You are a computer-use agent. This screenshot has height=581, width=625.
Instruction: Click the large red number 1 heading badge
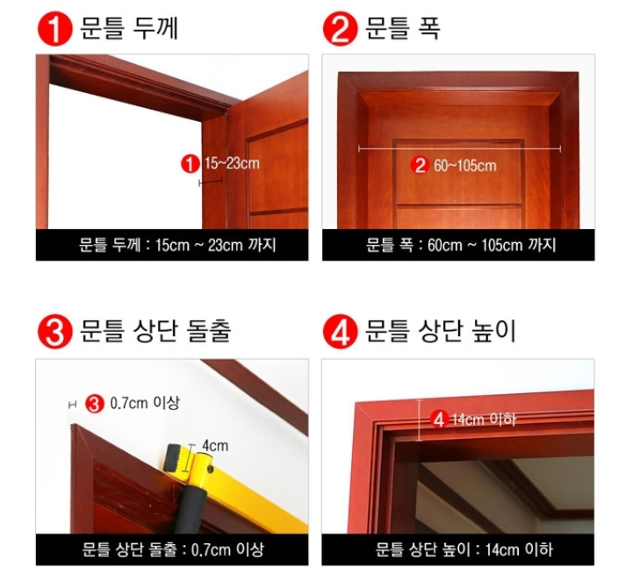coord(55,29)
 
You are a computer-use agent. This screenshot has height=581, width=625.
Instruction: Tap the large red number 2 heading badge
coord(340,29)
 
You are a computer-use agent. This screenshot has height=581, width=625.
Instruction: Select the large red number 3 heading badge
coord(55,332)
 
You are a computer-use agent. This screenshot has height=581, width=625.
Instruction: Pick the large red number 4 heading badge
coord(340,332)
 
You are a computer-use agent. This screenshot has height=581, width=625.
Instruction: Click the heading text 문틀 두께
coord(129,28)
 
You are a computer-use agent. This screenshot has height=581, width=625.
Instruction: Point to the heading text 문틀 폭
coord(403,28)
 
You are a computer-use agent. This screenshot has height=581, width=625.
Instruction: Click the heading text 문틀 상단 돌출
coord(155,331)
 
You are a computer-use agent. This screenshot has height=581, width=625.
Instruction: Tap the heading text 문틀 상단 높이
coord(441,331)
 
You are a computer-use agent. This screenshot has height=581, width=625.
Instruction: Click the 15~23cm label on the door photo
coord(232,163)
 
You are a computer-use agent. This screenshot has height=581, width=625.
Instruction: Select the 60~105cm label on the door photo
coord(465,166)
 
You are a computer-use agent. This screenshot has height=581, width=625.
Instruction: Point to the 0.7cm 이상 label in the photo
coord(145,403)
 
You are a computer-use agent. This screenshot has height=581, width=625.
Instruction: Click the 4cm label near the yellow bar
coord(215,446)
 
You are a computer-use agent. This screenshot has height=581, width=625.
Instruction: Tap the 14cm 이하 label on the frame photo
coord(484,420)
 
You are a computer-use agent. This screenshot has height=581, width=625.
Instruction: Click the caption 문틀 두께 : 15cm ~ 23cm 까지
coord(177,245)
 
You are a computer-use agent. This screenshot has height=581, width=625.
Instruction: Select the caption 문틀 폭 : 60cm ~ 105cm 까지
coord(461,245)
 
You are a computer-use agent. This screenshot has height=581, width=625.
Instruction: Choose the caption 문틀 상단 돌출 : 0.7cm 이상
coord(173,549)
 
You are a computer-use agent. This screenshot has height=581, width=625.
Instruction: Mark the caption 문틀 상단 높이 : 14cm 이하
coord(464,549)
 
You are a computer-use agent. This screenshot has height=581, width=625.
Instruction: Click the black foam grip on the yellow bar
coord(191,509)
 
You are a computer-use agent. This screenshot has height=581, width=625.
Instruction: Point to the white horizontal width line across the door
coord(460,149)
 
